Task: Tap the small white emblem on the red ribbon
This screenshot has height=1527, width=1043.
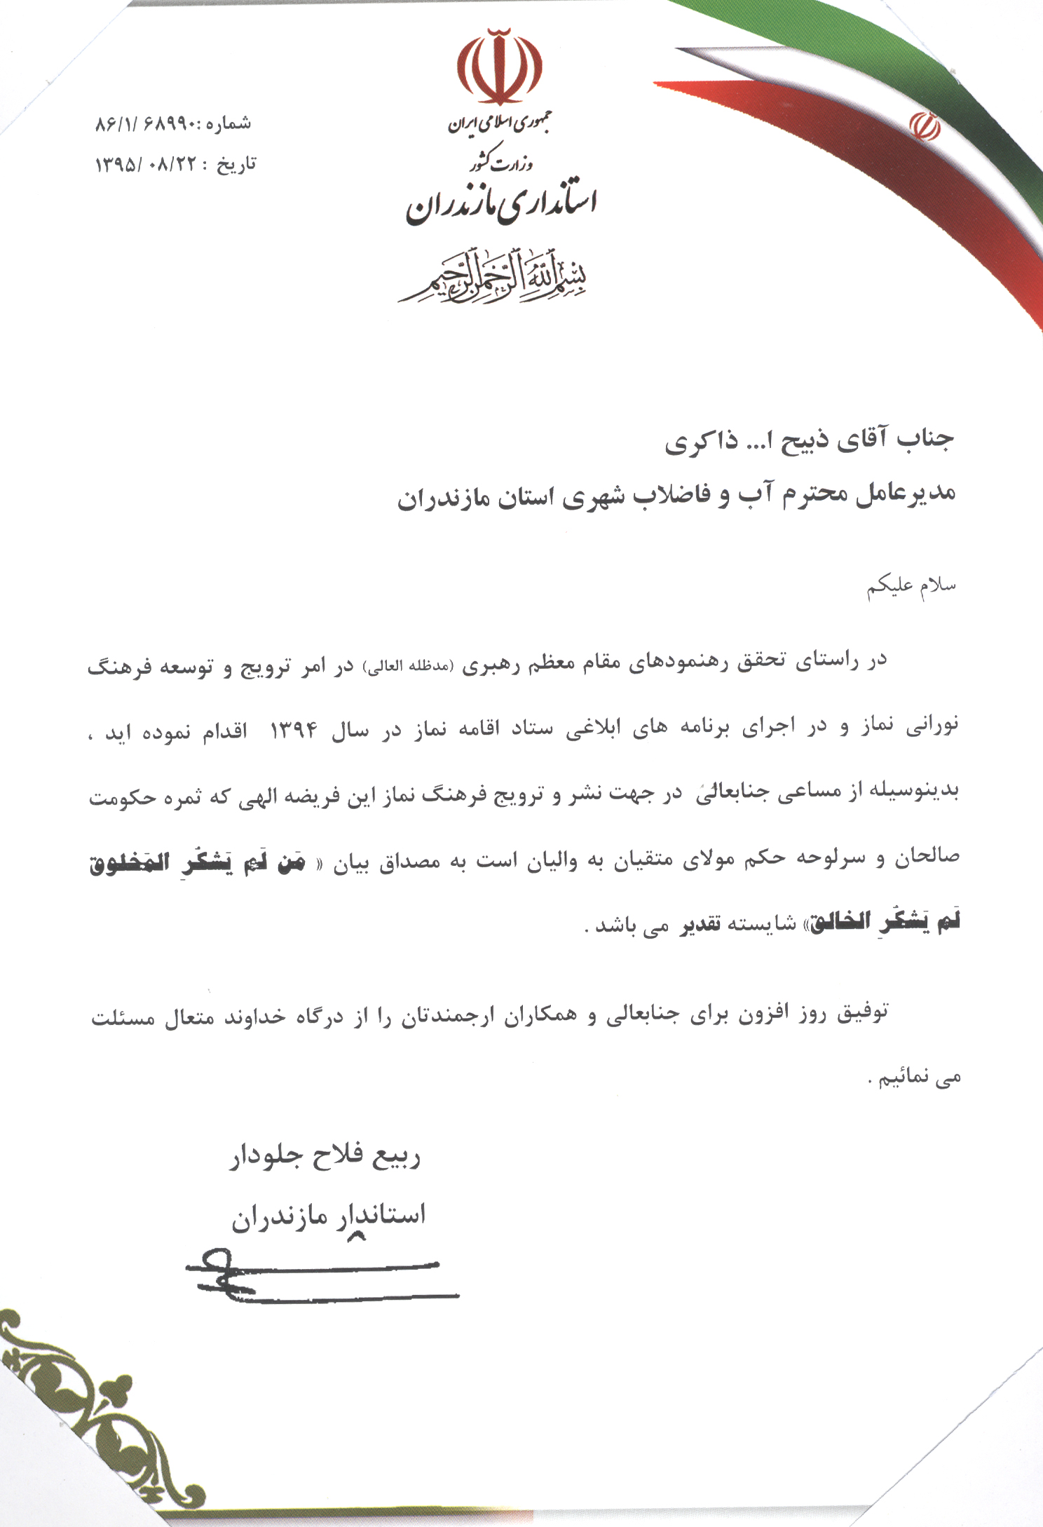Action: (925, 127)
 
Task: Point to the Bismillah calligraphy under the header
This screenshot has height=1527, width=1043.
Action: (494, 275)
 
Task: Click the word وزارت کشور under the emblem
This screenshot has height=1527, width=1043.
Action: (500, 163)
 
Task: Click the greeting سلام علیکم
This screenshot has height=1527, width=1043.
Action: (911, 585)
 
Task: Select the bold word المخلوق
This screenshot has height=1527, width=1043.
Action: (130, 863)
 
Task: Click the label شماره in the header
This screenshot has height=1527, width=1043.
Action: (228, 124)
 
